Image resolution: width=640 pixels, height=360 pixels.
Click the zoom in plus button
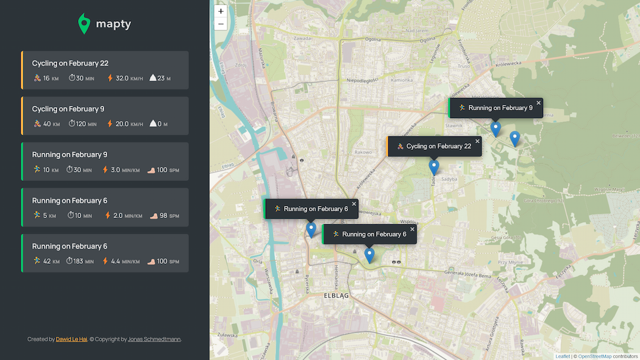coord(221,11)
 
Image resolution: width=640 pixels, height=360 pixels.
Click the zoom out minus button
coord(221,24)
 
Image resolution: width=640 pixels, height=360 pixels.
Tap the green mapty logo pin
coord(84,24)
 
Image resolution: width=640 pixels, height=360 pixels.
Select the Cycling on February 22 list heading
coord(70,63)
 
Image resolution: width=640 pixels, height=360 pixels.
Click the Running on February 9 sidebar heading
coord(69,155)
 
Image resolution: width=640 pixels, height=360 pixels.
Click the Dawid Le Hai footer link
coord(71,339)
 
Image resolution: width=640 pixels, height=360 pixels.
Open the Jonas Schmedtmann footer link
coord(154,339)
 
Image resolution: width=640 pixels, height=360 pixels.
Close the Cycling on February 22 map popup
coord(477,141)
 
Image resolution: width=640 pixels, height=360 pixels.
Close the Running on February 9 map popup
coord(538,103)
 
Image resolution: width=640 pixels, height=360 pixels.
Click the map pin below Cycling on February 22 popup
coord(434,167)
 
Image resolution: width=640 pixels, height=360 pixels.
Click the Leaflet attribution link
coord(562,356)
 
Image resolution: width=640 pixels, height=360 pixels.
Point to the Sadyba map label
coord(449,180)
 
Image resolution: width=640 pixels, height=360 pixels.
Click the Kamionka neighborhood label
coord(402,80)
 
